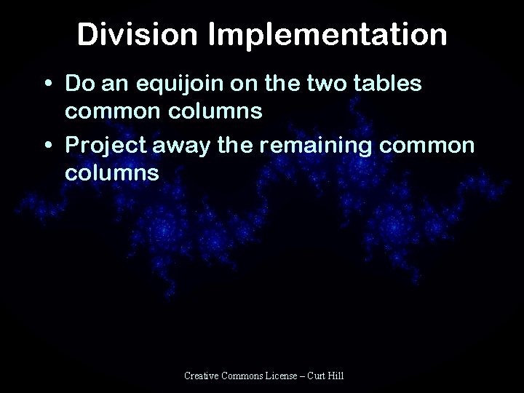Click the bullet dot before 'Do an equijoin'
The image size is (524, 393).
(47, 84)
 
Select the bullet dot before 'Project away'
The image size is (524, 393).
(47, 146)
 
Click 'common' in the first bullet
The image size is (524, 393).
(109, 114)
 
